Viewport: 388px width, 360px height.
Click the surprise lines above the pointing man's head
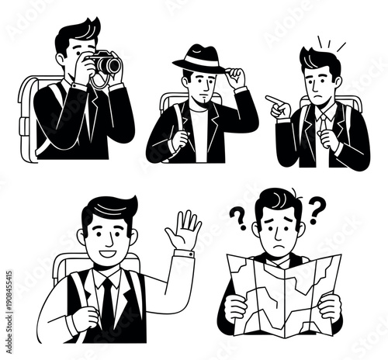pyautogui.click(x=330, y=43)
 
